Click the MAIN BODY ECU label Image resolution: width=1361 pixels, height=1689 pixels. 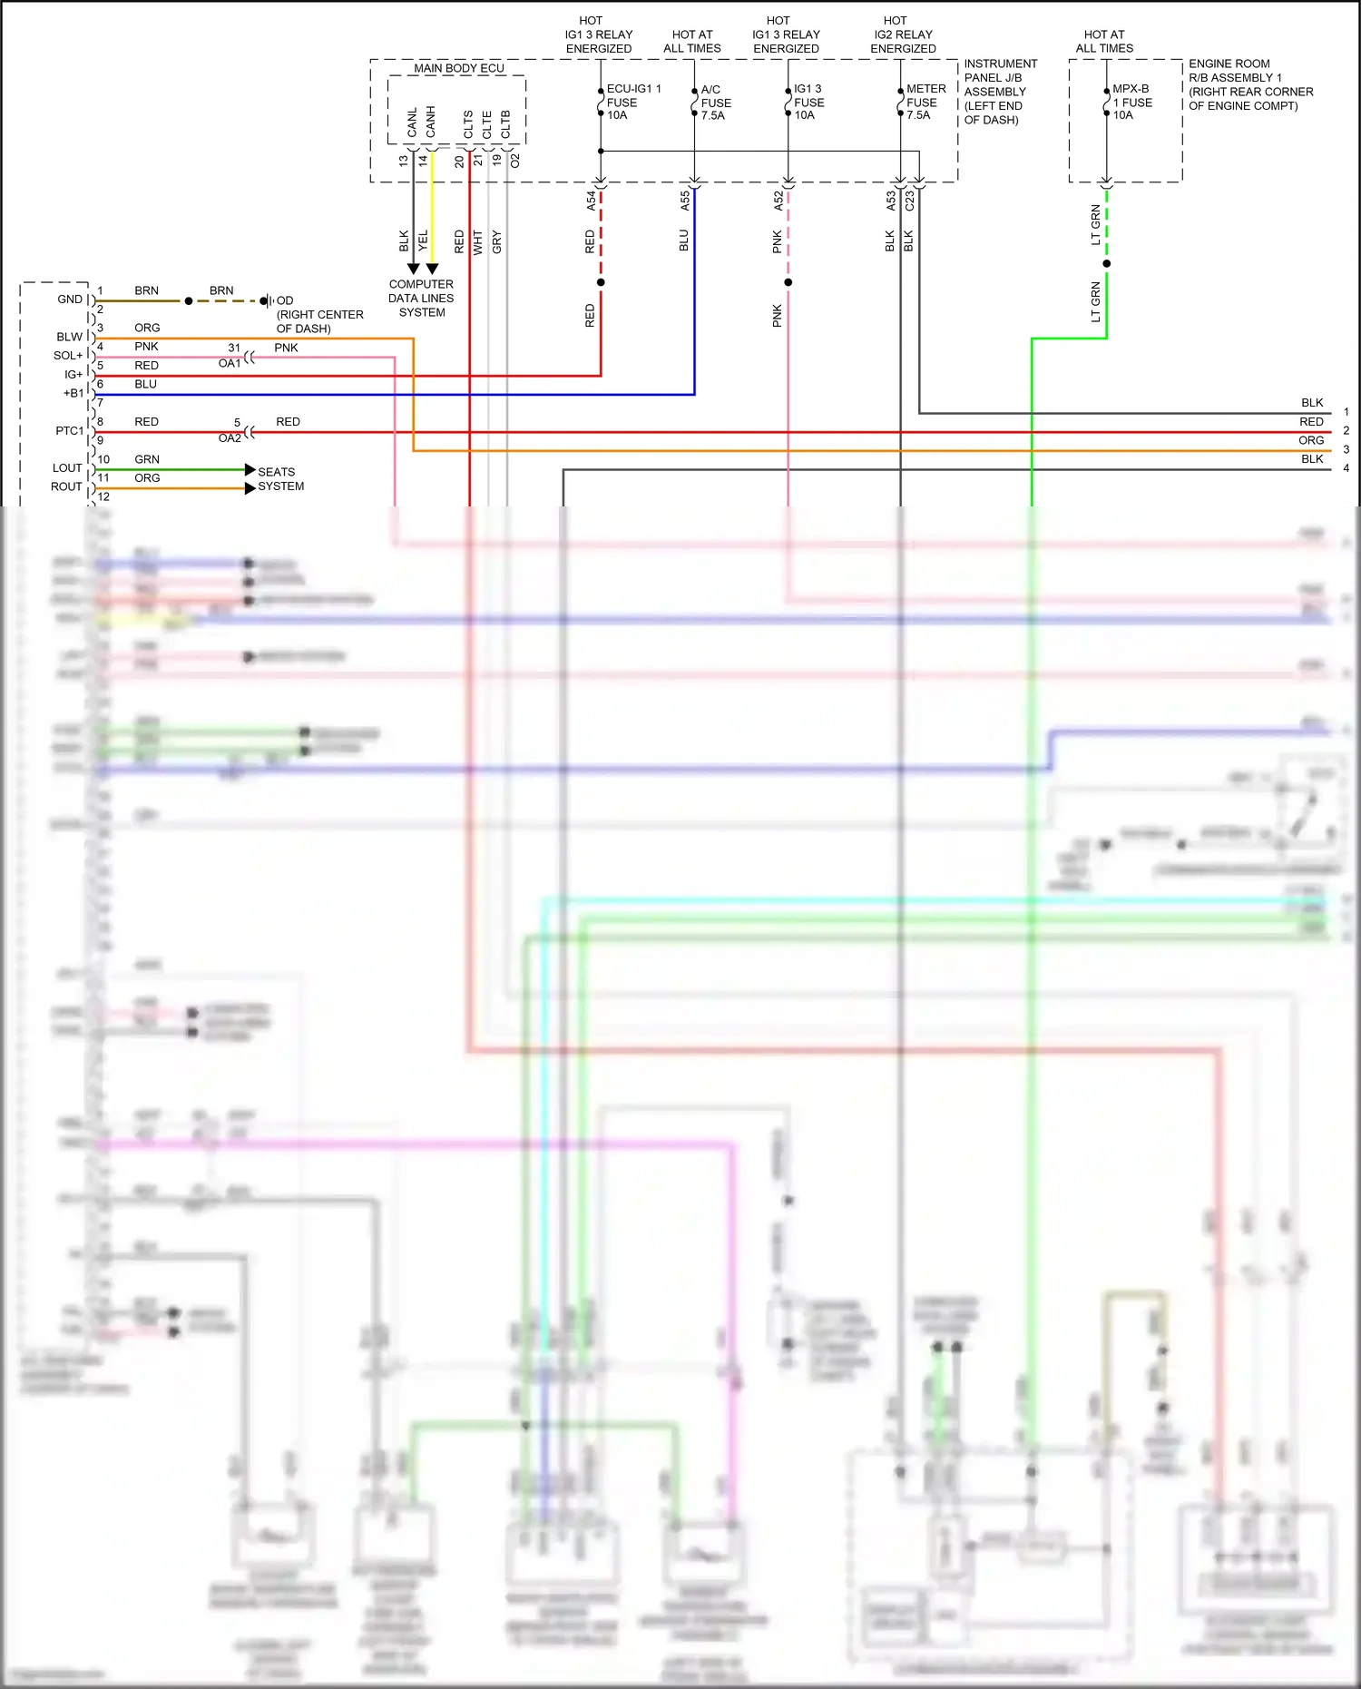pyautogui.click(x=458, y=68)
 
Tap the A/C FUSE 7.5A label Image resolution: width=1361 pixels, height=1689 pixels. pyautogui.click(x=715, y=103)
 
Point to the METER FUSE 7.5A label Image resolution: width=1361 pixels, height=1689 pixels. pyautogui.click(x=925, y=102)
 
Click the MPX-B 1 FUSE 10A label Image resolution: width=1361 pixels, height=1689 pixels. pyautogui.click(x=1131, y=102)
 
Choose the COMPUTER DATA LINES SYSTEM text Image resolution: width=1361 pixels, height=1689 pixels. pyautogui.click(x=421, y=298)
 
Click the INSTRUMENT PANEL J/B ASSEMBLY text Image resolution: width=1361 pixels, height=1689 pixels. pyautogui.click(x=999, y=92)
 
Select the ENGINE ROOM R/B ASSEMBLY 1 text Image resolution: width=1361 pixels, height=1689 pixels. pyautogui.click(x=1249, y=84)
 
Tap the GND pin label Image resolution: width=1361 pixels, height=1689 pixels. pyautogui.click(x=69, y=300)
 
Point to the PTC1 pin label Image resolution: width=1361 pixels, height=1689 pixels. pyautogui.click(x=69, y=431)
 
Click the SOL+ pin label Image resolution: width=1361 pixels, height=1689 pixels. pyautogui.click(x=67, y=356)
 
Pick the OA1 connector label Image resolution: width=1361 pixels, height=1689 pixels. pyautogui.click(x=230, y=363)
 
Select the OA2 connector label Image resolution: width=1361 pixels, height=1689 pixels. pyautogui.click(x=230, y=438)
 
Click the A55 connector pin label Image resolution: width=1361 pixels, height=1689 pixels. pyautogui.click(x=685, y=201)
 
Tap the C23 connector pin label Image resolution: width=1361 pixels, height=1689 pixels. pyautogui.click(x=909, y=201)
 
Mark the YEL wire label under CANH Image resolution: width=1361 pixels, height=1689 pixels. pyautogui.click(x=423, y=241)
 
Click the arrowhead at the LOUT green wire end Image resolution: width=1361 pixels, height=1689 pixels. pyautogui.click(x=250, y=469)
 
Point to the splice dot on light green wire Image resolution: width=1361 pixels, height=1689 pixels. pyautogui.click(x=1106, y=264)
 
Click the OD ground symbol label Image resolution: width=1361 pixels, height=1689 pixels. pyautogui.click(x=285, y=300)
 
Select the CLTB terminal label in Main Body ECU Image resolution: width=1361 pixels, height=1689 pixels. pyautogui.click(x=505, y=124)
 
